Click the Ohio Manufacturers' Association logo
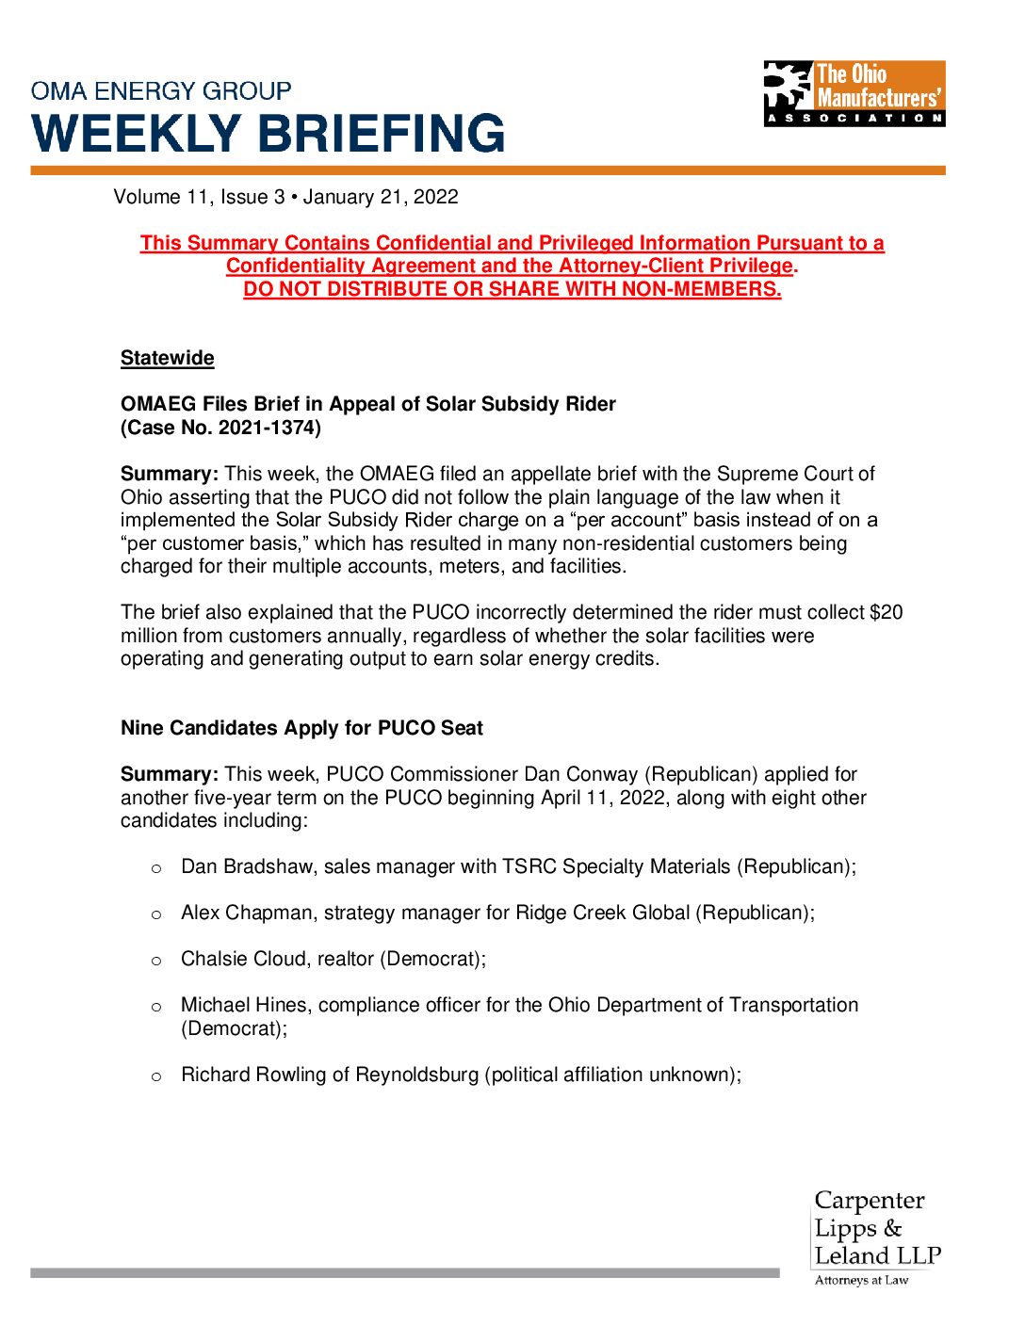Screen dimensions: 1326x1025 coord(854,93)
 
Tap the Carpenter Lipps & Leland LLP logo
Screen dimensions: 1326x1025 coord(876,1237)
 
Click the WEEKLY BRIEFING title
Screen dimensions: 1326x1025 coord(268,134)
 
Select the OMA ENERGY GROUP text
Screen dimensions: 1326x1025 coord(161,91)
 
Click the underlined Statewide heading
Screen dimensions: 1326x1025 coord(167,358)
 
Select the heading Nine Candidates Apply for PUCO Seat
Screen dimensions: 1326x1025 coord(301,728)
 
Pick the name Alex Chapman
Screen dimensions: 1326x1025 coord(247,913)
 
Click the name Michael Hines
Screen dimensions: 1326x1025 coord(244,1005)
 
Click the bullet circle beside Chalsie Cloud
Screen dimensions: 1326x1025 coord(156,961)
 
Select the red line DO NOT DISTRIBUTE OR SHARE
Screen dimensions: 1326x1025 coord(512,289)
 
